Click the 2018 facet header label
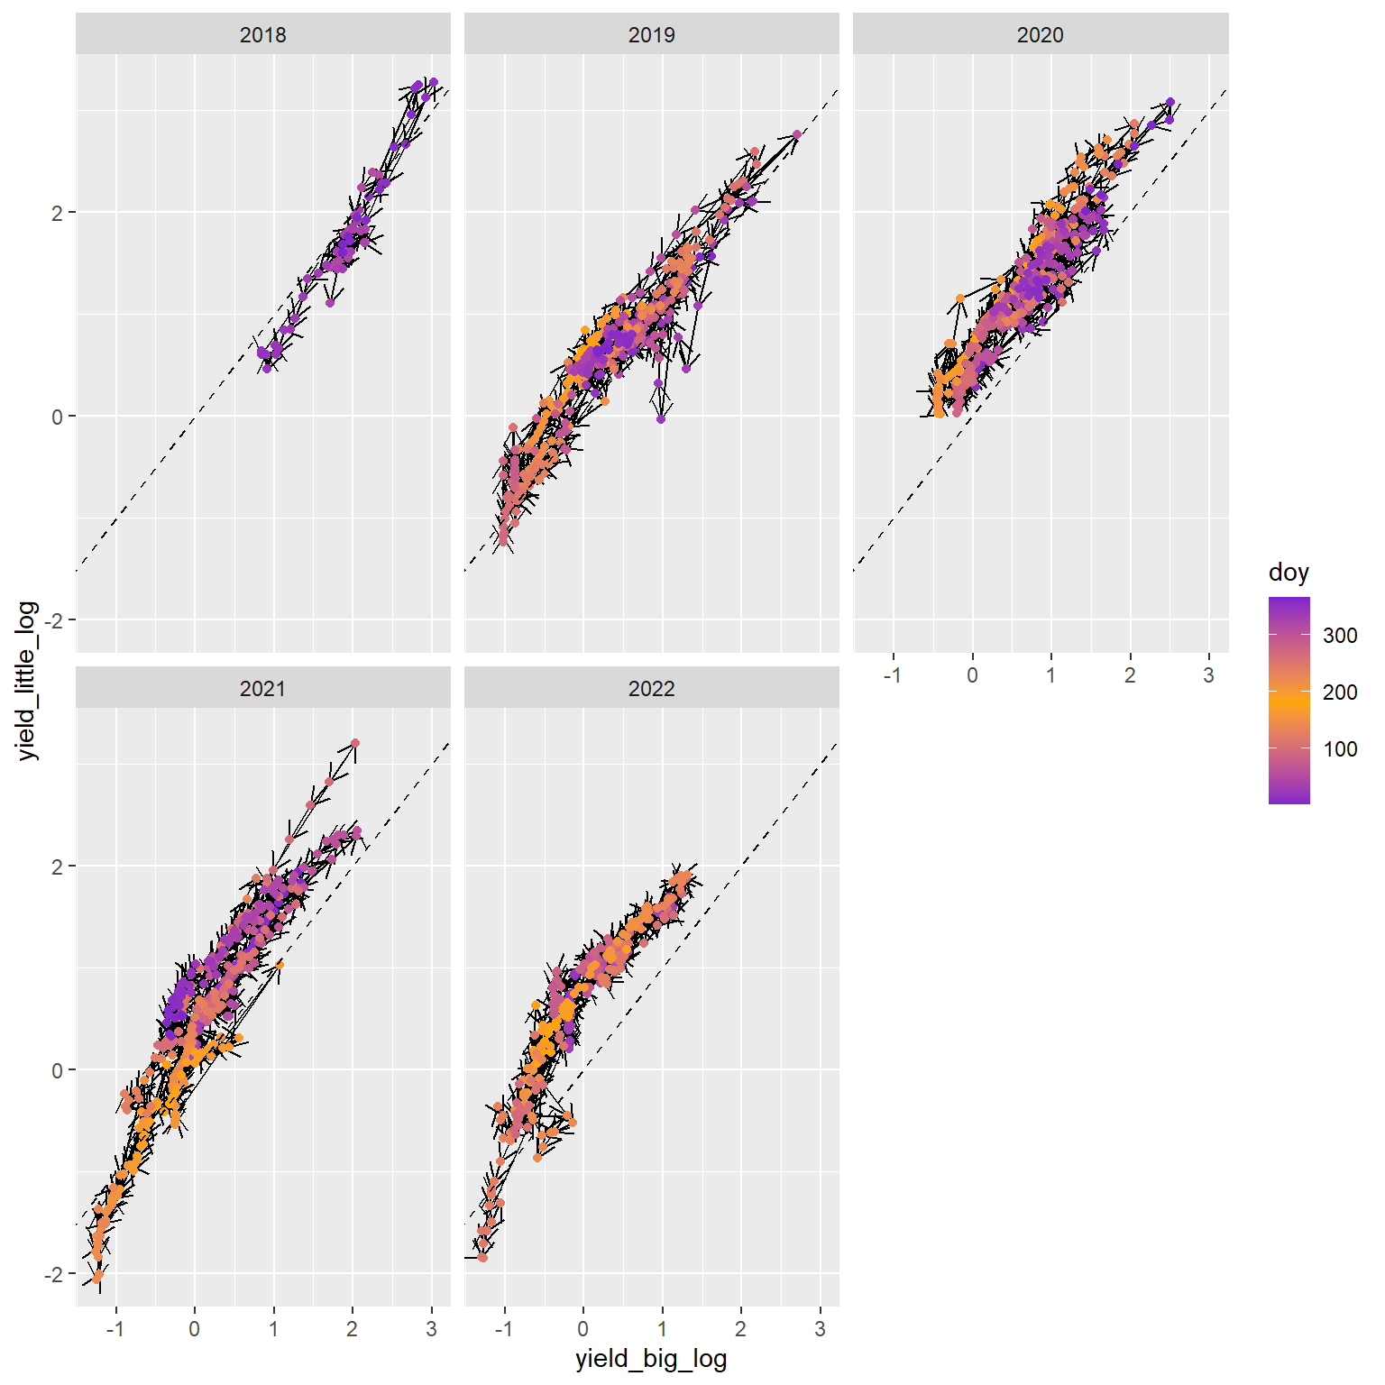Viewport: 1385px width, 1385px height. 262,35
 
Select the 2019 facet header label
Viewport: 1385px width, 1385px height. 651,35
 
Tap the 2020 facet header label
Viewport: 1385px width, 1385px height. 1040,35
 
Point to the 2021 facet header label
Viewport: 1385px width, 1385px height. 262,689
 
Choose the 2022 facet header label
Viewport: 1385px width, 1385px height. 651,689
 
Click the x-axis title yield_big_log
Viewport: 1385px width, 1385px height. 651,1360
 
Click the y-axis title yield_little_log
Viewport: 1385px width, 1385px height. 29,680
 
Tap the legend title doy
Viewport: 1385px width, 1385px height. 1289,573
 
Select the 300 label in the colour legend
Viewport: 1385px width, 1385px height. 1340,636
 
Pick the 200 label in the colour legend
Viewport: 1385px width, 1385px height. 1340,692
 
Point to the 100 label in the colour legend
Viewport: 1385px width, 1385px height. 1340,749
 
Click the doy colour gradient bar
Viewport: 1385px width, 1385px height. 1289,700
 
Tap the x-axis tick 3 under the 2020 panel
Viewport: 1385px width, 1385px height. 1209,675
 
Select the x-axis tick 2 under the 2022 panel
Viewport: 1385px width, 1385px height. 741,1329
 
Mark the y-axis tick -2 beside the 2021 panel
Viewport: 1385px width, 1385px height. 56,1274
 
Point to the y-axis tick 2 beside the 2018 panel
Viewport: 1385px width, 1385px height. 59,213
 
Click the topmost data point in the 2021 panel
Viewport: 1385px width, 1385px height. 355,743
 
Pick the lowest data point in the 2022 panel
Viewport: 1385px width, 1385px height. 482,1257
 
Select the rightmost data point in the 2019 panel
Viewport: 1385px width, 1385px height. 797,134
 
